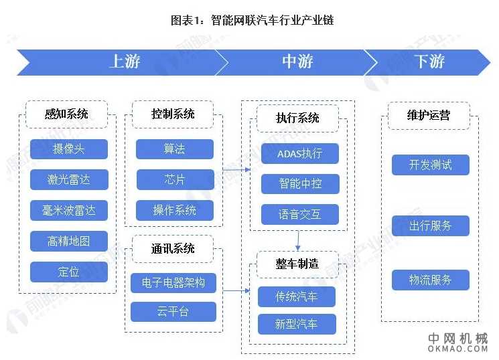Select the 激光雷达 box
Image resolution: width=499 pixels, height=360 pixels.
(x=69, y=180)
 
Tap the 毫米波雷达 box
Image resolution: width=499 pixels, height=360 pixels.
(x=69, y=210)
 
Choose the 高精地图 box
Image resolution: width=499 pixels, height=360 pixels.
(x=69, y=241)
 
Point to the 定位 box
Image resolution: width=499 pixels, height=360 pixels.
(x=69, y=272)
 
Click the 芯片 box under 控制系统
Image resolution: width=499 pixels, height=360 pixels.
(x=175, y=179)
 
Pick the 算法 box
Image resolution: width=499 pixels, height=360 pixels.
(x=175, y=149)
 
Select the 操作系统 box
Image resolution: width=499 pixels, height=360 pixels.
(x=175, y=210)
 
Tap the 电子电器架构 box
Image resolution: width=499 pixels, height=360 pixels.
(x=173, y=282)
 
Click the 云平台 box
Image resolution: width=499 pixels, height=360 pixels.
(x=173, y=312)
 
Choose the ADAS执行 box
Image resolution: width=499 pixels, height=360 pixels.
(x=299, y=153)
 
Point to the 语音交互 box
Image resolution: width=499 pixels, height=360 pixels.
(x=299, y=214)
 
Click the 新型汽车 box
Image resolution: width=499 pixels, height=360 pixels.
(x=297, y=325)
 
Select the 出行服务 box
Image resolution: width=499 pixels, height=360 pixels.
(x=430, y=226)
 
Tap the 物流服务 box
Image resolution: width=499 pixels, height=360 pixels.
(x=430, y=280)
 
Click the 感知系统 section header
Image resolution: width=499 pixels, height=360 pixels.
(x=66, y=114)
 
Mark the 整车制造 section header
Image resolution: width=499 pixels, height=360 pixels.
(x=297, y=263)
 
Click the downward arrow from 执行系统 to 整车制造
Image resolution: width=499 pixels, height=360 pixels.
(x=298, y=240)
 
